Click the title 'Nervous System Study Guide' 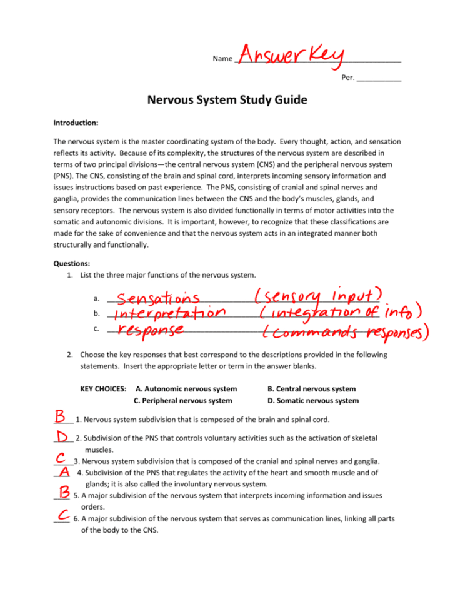[227, 99]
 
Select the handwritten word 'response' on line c [151, 328]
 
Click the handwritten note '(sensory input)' [318, 296]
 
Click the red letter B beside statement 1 [62, 416]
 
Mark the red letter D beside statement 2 [64, 436]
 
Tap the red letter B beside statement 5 [64, 494]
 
